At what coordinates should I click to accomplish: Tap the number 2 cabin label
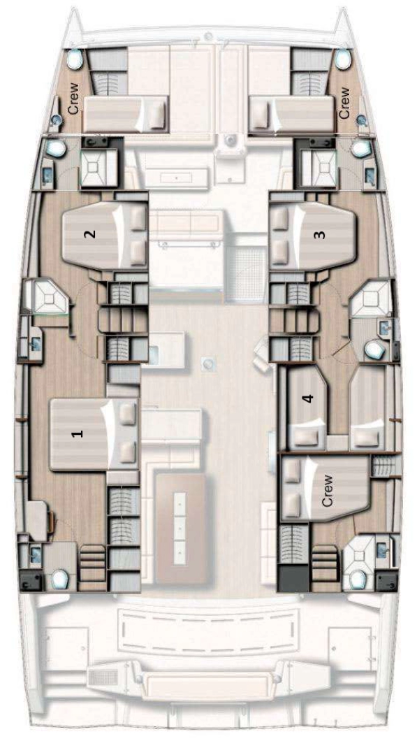90,234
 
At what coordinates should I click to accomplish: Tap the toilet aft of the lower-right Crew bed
360,578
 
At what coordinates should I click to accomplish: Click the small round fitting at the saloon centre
207,362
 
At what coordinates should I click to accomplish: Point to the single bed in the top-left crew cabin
126,114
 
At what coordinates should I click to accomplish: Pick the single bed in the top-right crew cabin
291,114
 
